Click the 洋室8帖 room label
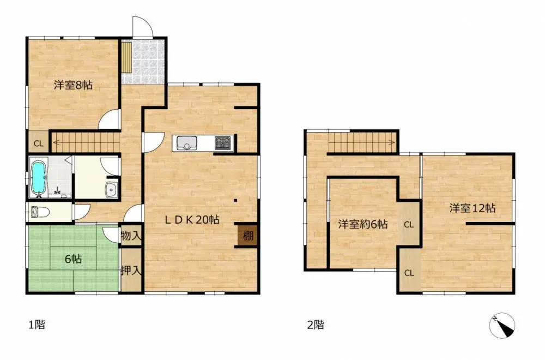[73, 85]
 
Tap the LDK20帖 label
[192, 219]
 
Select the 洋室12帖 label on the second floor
[473, 208]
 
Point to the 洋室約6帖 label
[363, 224]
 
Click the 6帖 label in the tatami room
[74, 259]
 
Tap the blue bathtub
[39, 178]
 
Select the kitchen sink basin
[186, 143]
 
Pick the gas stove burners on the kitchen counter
[223, 143]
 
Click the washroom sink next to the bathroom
[112, 190]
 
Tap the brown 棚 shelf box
[248, 236]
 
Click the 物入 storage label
[131, 236]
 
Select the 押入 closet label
[131, 270]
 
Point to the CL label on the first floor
[39, 143]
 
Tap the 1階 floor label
[37, 325]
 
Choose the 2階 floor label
[316, 325]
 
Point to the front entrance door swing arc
[146, 22]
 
